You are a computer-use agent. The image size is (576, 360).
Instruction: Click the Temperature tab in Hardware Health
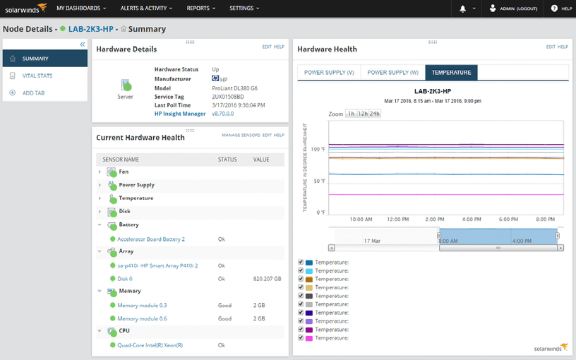click(x=452, y=72)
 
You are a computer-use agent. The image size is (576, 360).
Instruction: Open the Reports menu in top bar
click(x=201, y=8)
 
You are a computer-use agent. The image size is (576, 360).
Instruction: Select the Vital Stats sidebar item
click(x=37, y=76)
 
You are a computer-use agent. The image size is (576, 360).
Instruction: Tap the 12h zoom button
click(x=363, y=114)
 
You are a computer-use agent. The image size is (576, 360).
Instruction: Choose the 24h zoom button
click(x=375, y=114)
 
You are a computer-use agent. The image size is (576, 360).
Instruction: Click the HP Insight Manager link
click(x=180, y=114)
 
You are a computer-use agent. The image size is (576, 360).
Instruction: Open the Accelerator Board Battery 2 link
click(x=151, y=239)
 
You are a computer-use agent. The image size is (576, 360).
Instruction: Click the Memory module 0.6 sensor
click(x=142, y=318)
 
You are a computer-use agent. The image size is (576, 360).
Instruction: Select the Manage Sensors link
click(x=240, y=135)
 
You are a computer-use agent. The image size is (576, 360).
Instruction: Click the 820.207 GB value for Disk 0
click(x=267, y=279)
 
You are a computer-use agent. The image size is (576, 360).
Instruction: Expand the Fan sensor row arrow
click(x=100, y=172)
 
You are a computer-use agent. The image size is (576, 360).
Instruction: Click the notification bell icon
click(x=463, y=8)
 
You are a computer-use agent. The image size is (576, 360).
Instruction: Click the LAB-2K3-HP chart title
click(x=433, y=92)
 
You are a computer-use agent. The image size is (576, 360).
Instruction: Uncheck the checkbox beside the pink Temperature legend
click(x=301, y=338)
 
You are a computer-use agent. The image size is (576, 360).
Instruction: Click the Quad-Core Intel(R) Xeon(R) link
click(x=150, y=345)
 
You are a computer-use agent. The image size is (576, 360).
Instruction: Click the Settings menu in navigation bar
click(x=244, y=8)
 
